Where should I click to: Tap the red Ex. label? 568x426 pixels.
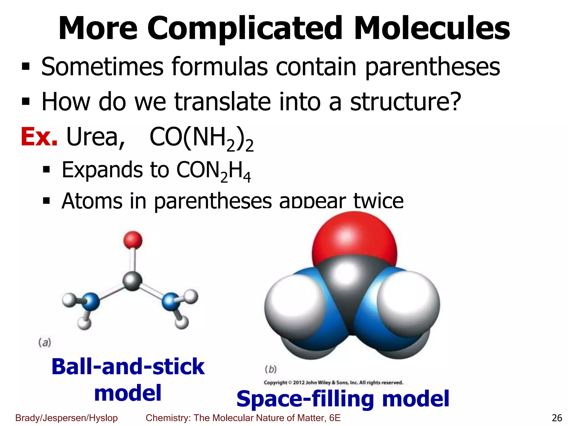(x=39, y=137)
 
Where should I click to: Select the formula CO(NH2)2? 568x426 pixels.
(x=201, y=138)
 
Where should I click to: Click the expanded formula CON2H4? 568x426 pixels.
(x=214, y=170)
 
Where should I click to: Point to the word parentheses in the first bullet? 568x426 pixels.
(x=432, y=67)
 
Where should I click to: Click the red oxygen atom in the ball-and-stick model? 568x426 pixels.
(x=133, y=240)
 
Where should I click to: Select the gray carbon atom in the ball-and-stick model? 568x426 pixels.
(x=133, y=281)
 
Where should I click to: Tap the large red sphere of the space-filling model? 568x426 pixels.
(x=354, y=239)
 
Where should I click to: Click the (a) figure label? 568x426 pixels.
(x=45, y=343)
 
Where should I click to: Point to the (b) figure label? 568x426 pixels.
(x=271, y=369)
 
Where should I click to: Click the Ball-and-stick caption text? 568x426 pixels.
(x=128, y=366)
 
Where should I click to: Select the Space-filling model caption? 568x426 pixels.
(x=343, y=399)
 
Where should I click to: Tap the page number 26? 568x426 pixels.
(x=557, y=418)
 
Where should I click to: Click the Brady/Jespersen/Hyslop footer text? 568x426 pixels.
(x=67, y=418)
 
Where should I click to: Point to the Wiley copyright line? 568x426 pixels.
(x=333, y=383)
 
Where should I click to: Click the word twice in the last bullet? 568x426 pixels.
(x=378, y=201)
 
